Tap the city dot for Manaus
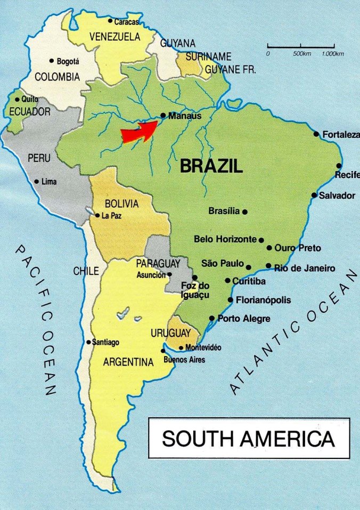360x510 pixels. (x=163, y=115)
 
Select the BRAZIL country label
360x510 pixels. (x=211, y=166)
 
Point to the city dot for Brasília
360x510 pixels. (x=245, y=212)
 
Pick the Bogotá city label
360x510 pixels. (x=68, y=61)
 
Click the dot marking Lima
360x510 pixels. (x=37, y=182)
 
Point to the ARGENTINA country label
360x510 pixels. (x=128, y=362)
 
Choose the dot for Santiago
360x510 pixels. (x=88, y=342)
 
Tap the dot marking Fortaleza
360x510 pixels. (x=316, y=134)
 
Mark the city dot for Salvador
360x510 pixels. (x=314, y=195)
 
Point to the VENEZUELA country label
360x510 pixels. (x=115, y=37)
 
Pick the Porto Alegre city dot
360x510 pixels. (x=213, y=319)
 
